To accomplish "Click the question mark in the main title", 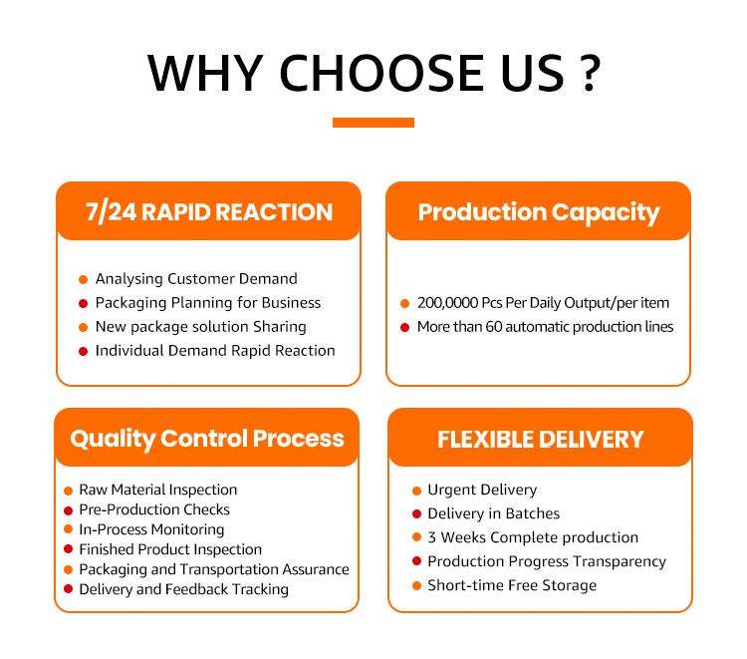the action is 590,74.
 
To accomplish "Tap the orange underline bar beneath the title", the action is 373,123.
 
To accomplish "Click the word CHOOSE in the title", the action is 381,73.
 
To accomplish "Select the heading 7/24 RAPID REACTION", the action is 209,211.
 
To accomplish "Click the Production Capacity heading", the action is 539,212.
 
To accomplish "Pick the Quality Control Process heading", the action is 207,440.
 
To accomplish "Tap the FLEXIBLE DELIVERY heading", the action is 541,440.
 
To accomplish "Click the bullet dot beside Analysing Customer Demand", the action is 83,279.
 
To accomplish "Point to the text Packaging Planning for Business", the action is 208,303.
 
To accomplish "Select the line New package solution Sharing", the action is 200,327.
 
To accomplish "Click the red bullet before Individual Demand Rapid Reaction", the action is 83,352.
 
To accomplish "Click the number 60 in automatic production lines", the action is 494,327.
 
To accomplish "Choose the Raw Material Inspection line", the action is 158,490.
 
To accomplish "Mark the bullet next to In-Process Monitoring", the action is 68,529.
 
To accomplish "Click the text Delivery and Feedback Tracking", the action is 184,590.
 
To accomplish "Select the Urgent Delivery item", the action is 482,490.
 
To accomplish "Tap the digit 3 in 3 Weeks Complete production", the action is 431,538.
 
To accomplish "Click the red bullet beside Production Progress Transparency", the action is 417,561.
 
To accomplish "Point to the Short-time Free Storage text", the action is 512,585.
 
